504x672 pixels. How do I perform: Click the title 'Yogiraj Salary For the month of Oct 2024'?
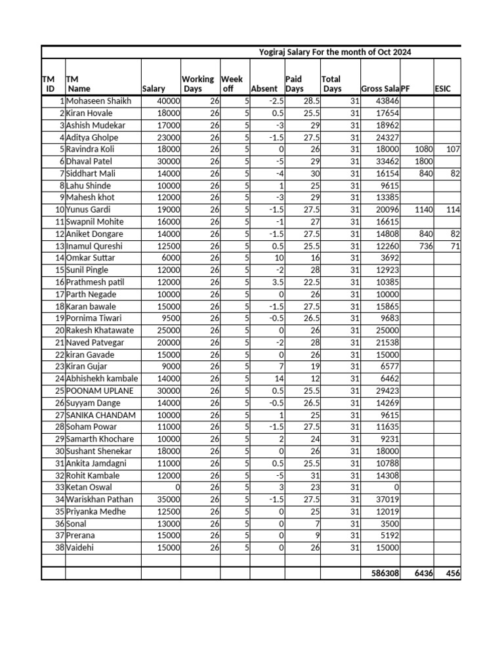(x=335, y=52)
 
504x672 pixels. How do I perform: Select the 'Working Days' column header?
(x=198, y=84)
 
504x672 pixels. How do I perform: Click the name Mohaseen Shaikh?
(x=99, y=101)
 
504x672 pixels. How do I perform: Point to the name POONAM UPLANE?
(x=100, y=390)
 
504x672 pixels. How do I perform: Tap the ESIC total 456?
(x=452, y=574)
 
